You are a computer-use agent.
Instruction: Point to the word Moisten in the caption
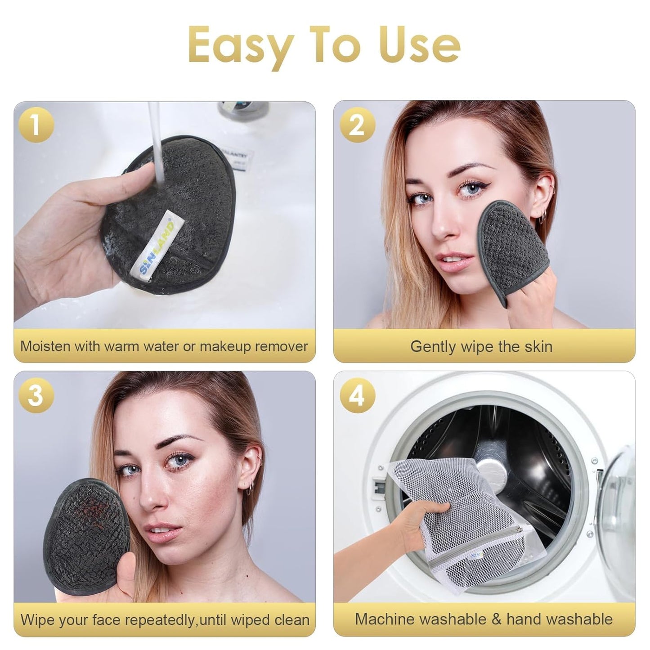pyautogui.click(x=45, y=346)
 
